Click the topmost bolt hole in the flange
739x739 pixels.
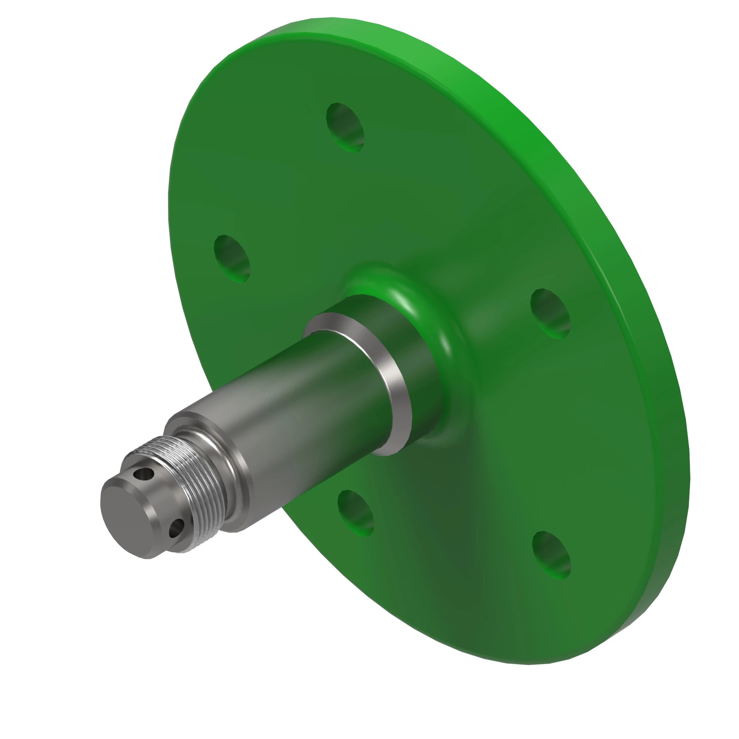345,128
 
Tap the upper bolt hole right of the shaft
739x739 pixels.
550,314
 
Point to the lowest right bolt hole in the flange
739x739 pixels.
551,555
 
